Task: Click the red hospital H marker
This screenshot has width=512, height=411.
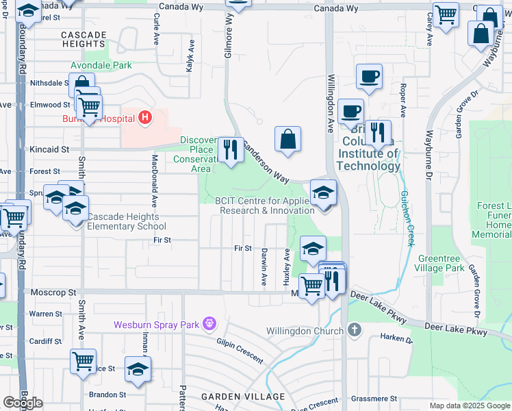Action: pyautogui.click(x=144, y=119)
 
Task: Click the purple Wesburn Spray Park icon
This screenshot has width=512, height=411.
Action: pyautogui.click(x=209, y=323)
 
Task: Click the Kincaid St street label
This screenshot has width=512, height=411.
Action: pyautogui.click(x=49, y=149)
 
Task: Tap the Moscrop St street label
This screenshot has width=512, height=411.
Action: pyautogui.click(x=53, y=292)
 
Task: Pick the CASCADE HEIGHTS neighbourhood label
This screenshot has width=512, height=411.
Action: pyautogui.click(x=84, y=38)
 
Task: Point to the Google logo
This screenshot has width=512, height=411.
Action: pyautogui.click(x=23, y=403)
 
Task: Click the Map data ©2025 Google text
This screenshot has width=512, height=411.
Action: pyautogui.click(x=469, y=406)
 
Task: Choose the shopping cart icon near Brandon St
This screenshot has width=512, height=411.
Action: pyautogui.click(x=83, y=360)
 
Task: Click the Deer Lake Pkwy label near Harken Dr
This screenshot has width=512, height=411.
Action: pyautogui.click(x=457, y=329)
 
